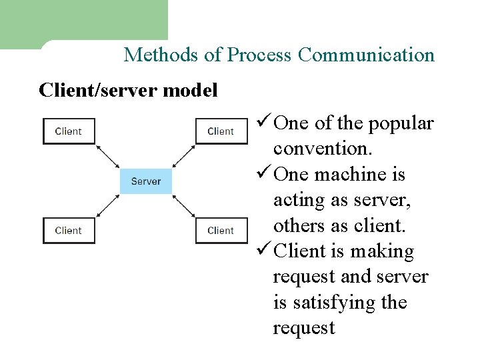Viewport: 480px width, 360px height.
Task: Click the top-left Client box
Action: pyautogui.click(x=69, y=131)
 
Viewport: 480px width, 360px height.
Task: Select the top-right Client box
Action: pyautogui.click(x=221, y=131)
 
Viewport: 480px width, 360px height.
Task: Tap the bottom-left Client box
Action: pyautogui.click(x=69, y=231)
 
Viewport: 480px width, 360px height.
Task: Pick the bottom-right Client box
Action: pyautogui.click(x=221, y=231)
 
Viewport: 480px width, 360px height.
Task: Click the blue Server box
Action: pyautogui.click(x=145, y=181)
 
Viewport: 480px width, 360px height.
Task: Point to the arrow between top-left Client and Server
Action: pyautogui.click(x=108, y=156)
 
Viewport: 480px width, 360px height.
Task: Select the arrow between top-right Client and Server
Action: pyautogui.click(x=183, y=156)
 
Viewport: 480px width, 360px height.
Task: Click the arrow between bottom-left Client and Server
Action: pyautogui.click(x=108, y=206)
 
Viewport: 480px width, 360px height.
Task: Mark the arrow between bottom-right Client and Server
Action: pyautogui.click(x=183, y=206)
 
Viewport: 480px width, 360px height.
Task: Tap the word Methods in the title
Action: pyautogui.click(x=161, y=55)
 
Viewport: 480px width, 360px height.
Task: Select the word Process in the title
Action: pyautogui.click(x=259, y=55)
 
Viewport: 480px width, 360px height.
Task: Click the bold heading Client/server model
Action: pyautogui.click(x=129, y=90)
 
